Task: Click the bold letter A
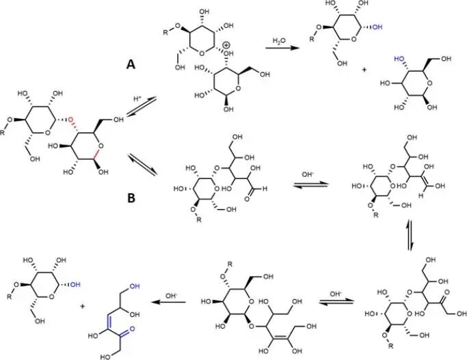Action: (x=130, y=64)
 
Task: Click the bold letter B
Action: (x=130, y=199)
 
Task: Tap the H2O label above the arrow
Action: (x=280, y=40)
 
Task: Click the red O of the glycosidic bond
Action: (x=70, y=121)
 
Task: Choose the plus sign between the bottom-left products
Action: (x=83, y=307)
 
